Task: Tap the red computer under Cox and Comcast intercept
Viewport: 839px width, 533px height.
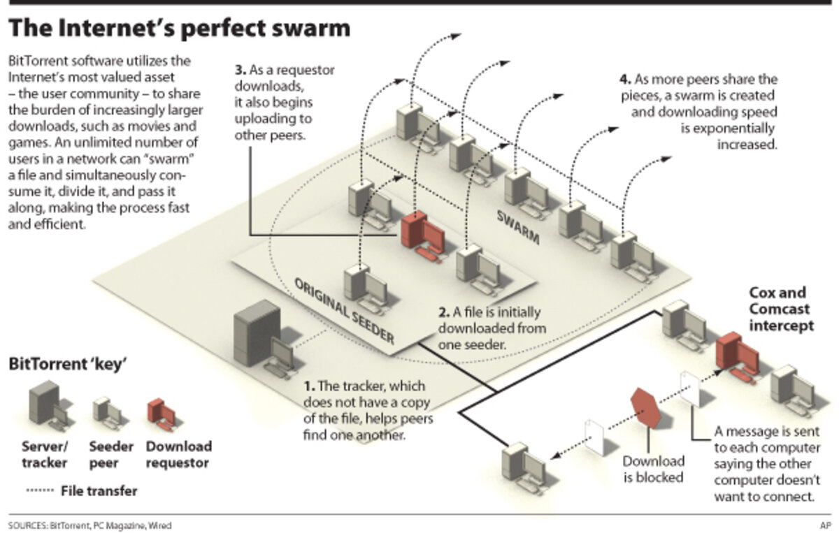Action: point(736,354)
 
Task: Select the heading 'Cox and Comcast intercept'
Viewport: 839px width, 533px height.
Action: point(780,309)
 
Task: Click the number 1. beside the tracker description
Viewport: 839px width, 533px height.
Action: point(310,386)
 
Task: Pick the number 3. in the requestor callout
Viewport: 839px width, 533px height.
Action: point(241,70)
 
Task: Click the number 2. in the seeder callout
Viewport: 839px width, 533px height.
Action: point(443,312)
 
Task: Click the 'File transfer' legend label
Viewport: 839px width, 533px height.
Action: point(99,491)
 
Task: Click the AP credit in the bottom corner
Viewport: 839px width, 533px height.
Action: point(824,525)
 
